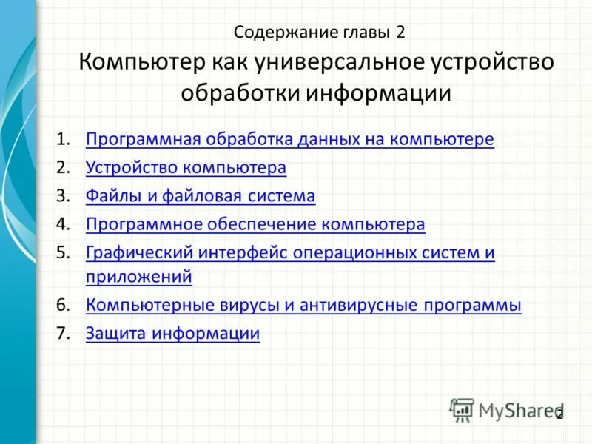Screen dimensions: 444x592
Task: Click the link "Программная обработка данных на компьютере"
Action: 289,139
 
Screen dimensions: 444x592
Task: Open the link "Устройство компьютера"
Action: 186,167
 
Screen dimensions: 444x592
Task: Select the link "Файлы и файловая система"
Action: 201,196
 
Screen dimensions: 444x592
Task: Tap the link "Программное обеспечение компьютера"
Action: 255,224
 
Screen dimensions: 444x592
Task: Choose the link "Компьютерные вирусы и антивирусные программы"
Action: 303,305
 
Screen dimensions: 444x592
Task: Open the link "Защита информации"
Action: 172,333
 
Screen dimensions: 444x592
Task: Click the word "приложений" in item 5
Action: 139,277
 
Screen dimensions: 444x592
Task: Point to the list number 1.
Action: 63,139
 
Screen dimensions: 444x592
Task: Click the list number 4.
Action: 63,224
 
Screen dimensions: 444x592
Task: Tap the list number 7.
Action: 63,333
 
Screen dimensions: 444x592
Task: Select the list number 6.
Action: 63,305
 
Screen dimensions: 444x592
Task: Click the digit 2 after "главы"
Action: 400,33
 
